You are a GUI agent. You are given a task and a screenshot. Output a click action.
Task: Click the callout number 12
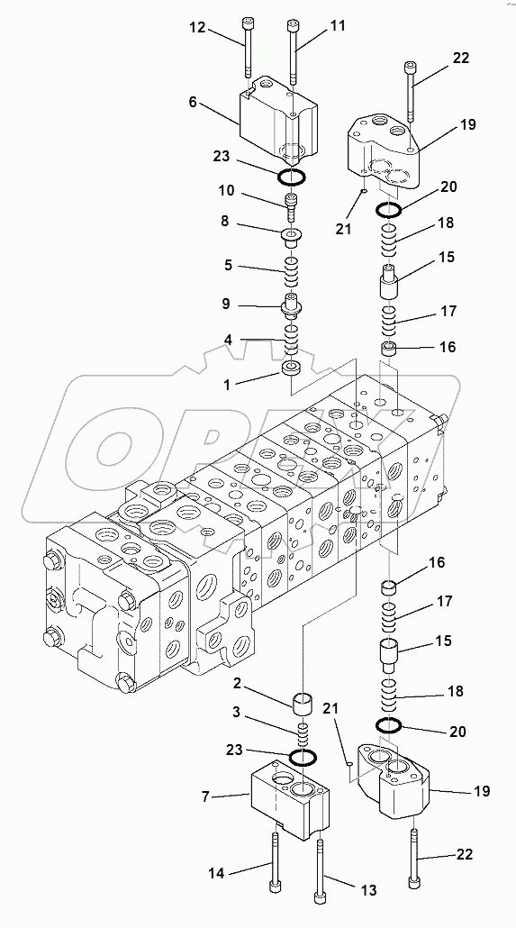tap(197, 28)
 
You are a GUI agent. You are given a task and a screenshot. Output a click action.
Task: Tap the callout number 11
tap(338, 26)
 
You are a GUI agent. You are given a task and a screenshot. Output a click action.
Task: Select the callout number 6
tap(193, 104)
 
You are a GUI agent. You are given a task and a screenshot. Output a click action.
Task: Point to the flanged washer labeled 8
tap(292, 237)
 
